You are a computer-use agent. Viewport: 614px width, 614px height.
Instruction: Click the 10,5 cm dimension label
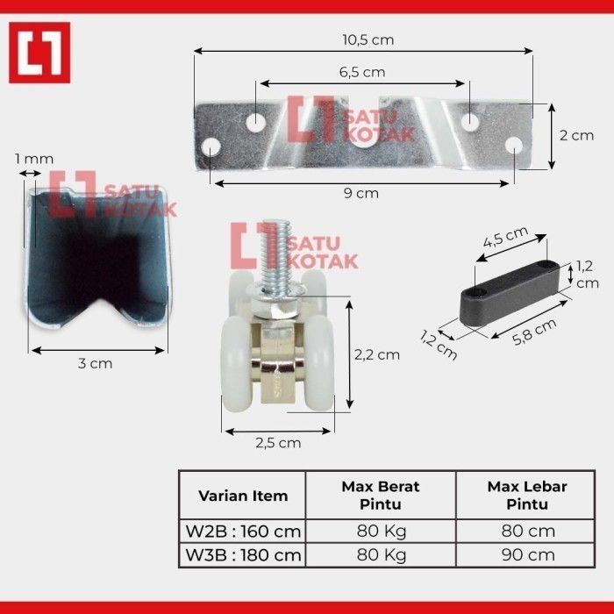tap(368, 40)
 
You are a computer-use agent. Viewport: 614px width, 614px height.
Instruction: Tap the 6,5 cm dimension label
tap(362, 72)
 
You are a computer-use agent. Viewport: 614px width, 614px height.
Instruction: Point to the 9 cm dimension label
tap(361, 194)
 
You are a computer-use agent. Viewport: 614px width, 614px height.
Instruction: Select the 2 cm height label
tap(576, 135)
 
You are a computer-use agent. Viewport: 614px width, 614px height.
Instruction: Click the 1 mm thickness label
tap(34, 159)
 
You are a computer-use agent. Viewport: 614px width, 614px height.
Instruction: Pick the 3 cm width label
tap(95, 363)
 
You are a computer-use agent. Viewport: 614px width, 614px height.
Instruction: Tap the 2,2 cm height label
tap(377, 354)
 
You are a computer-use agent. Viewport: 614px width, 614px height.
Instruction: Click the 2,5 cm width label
tap(278, 443)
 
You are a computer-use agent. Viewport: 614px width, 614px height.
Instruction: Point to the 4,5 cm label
tap(505, 237)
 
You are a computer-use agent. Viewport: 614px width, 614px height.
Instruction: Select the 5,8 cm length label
tap(534, 332)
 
